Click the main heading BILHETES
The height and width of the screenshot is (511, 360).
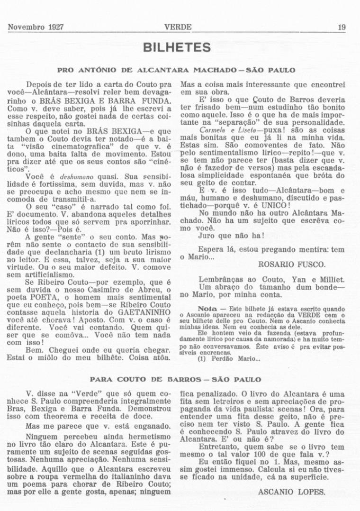click(x=177, y=48)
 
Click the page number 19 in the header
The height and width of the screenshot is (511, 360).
click(x=341, y=27)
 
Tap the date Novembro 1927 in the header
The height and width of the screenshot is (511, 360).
click(x=36, y=27)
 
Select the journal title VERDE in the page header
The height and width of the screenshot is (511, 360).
click(x=178, y=27)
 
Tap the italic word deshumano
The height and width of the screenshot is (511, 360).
click(x=73, y=176)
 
